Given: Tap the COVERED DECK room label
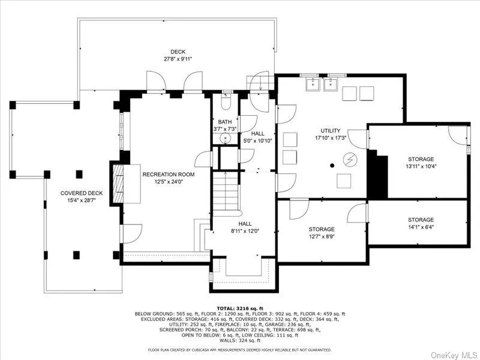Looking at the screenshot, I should tap(82, 193).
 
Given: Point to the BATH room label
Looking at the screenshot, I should tap(225, 122).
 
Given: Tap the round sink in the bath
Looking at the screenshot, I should tap(225, 139).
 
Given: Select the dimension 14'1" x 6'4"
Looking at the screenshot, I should tap(421, 227).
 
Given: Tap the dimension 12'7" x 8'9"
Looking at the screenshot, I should tap(322, 236).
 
